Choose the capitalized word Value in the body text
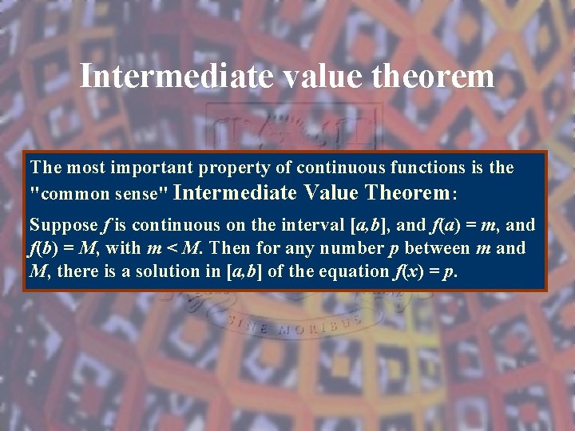tap(327, 192)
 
